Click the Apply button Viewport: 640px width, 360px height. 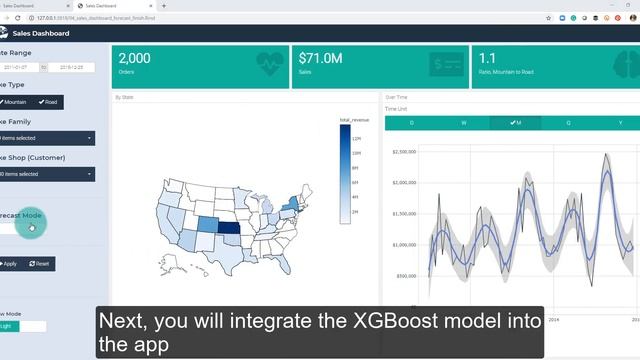click(10, 263)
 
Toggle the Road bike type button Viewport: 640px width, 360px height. click(48, 102)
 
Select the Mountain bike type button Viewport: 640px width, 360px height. click(14, 102)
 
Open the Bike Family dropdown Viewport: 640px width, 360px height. click(46, 138)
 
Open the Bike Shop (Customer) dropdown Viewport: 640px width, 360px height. click(46, 174)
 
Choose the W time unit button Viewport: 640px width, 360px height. click(463, 123)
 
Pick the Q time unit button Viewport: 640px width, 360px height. click(568, 123)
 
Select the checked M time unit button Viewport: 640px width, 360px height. click(515, 123)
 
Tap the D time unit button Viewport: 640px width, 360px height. click(411, 123)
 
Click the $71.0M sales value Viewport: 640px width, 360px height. click(320, 59)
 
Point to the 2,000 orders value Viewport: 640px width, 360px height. click(135, 59)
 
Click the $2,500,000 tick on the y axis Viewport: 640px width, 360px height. click(404, 152)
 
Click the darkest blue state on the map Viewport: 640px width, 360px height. click(229, 233)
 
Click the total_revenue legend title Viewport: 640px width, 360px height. click(355, 120)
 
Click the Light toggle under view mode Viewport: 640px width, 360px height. click(10, 326)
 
